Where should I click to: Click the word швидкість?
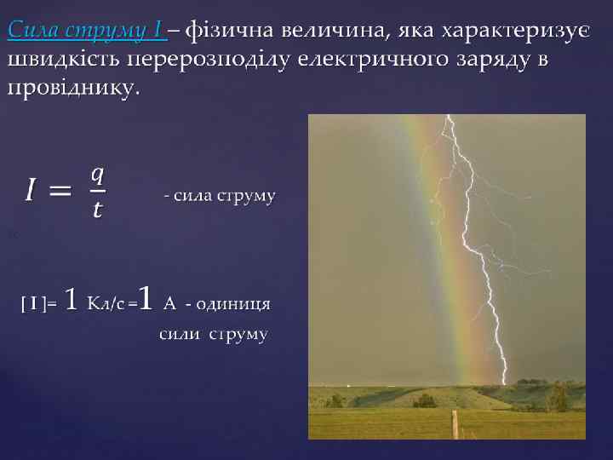click(x=62, y=60)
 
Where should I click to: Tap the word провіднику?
click(x=73, y=88)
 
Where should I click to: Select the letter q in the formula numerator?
click(x=97, y=175)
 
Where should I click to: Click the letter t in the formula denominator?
click(x=97, y=209)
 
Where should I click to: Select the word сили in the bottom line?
click(x=179, y=334)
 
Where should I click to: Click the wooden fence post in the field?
click(x=455, y=423)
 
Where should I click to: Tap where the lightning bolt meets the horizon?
click(x=504, y=382)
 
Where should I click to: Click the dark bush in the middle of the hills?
click(x=423, y=400)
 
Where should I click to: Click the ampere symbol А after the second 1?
click(x=169, y=302)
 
